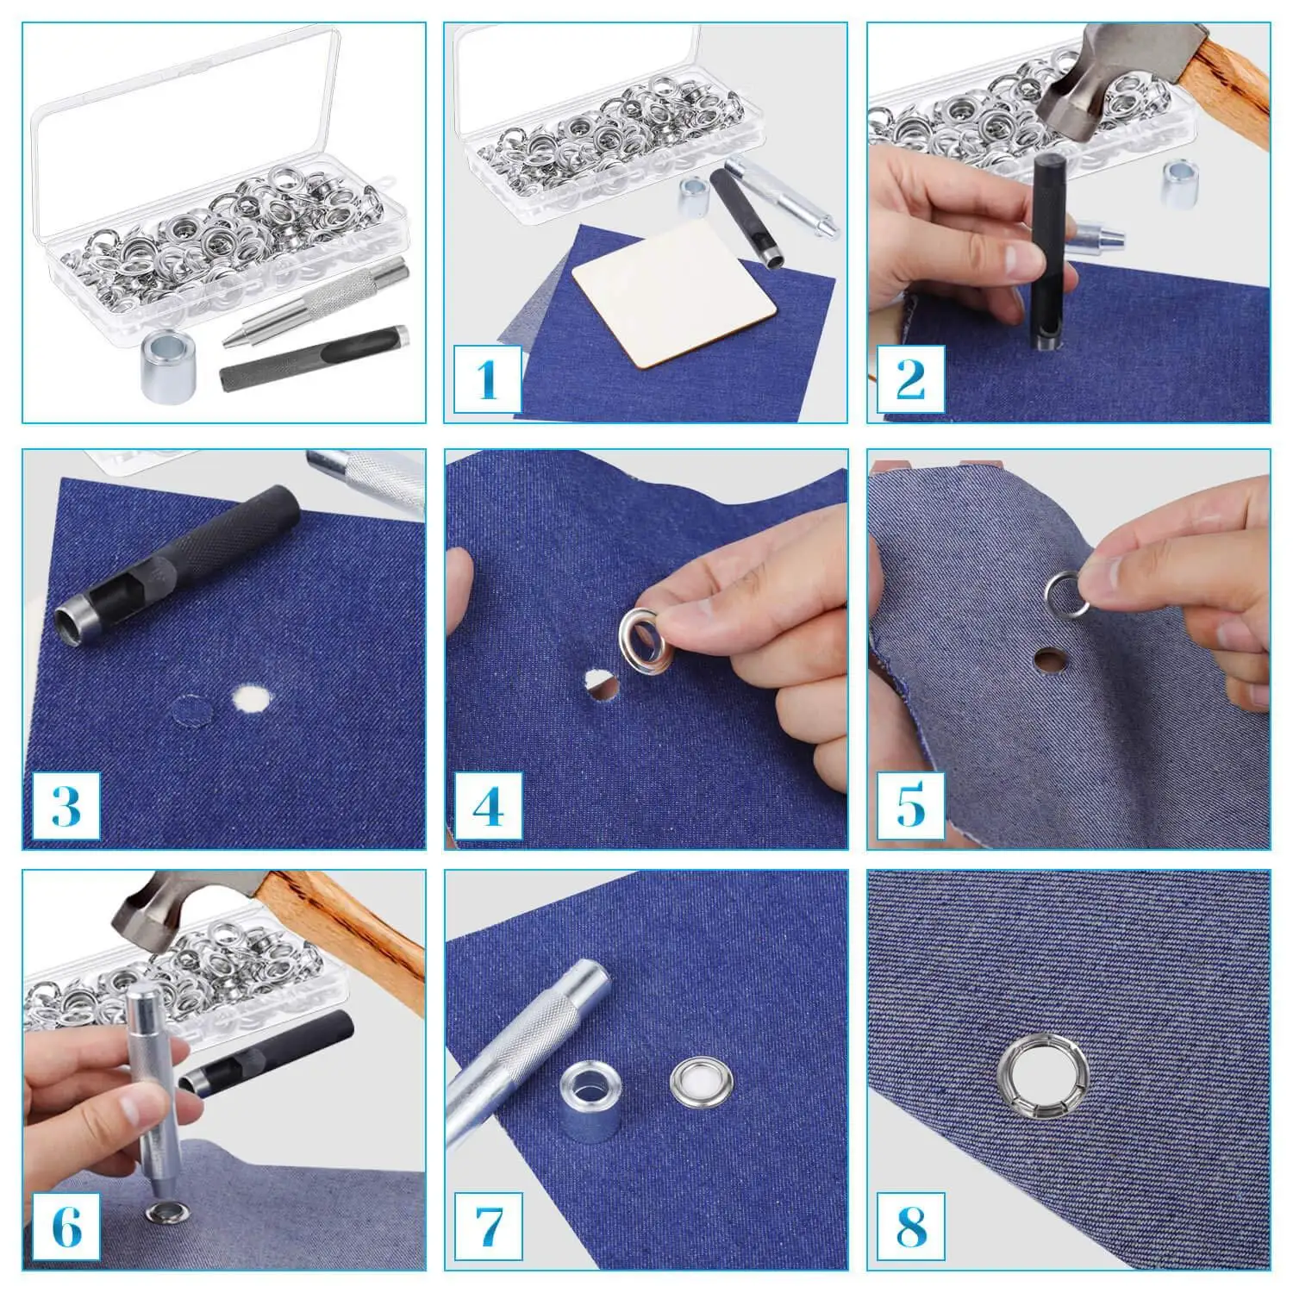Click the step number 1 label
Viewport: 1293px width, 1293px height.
pyautogui.click(x=488, y=378)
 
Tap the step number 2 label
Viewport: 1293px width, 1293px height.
pyautogui.click(x=910, y=378)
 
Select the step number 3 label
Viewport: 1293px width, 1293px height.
pyautogui.click(x=66, y=805)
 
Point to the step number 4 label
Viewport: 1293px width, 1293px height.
pyautogui.click(x=488, y=805)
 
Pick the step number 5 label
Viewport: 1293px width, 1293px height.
pyautogui.click(x=910, y=805)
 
